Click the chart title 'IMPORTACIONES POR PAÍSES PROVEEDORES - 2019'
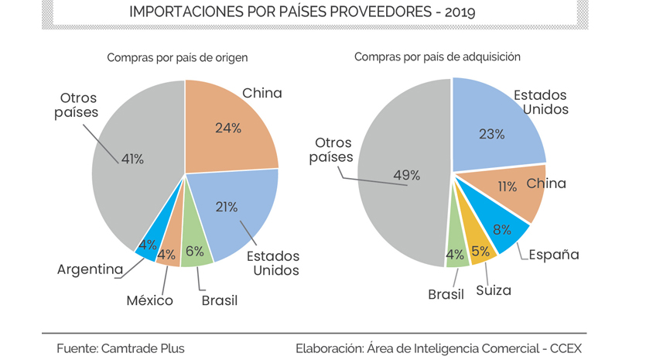(x=302, y=13)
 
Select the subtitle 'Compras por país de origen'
(x=177, y=57)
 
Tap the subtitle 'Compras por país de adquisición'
(x=437, y=57)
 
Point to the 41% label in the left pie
(x=132, y=159)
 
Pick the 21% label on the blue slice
(x=226, y=206)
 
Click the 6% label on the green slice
(x=195, y=252)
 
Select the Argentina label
(x=91, y=269)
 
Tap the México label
(x=149, y=300)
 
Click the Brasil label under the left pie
(x=219, y=300)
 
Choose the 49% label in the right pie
(x=406, y=175)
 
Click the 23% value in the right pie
(x=491, y=134)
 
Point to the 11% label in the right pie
(x=508, y=187)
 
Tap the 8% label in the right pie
(x=503, y=228)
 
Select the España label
(x=554, y=254)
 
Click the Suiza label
(x=493, y=290)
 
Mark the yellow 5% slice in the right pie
(x=480, y=250)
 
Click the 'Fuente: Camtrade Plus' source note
(x=120, y=348)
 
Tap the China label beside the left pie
(x=262, y=94)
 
